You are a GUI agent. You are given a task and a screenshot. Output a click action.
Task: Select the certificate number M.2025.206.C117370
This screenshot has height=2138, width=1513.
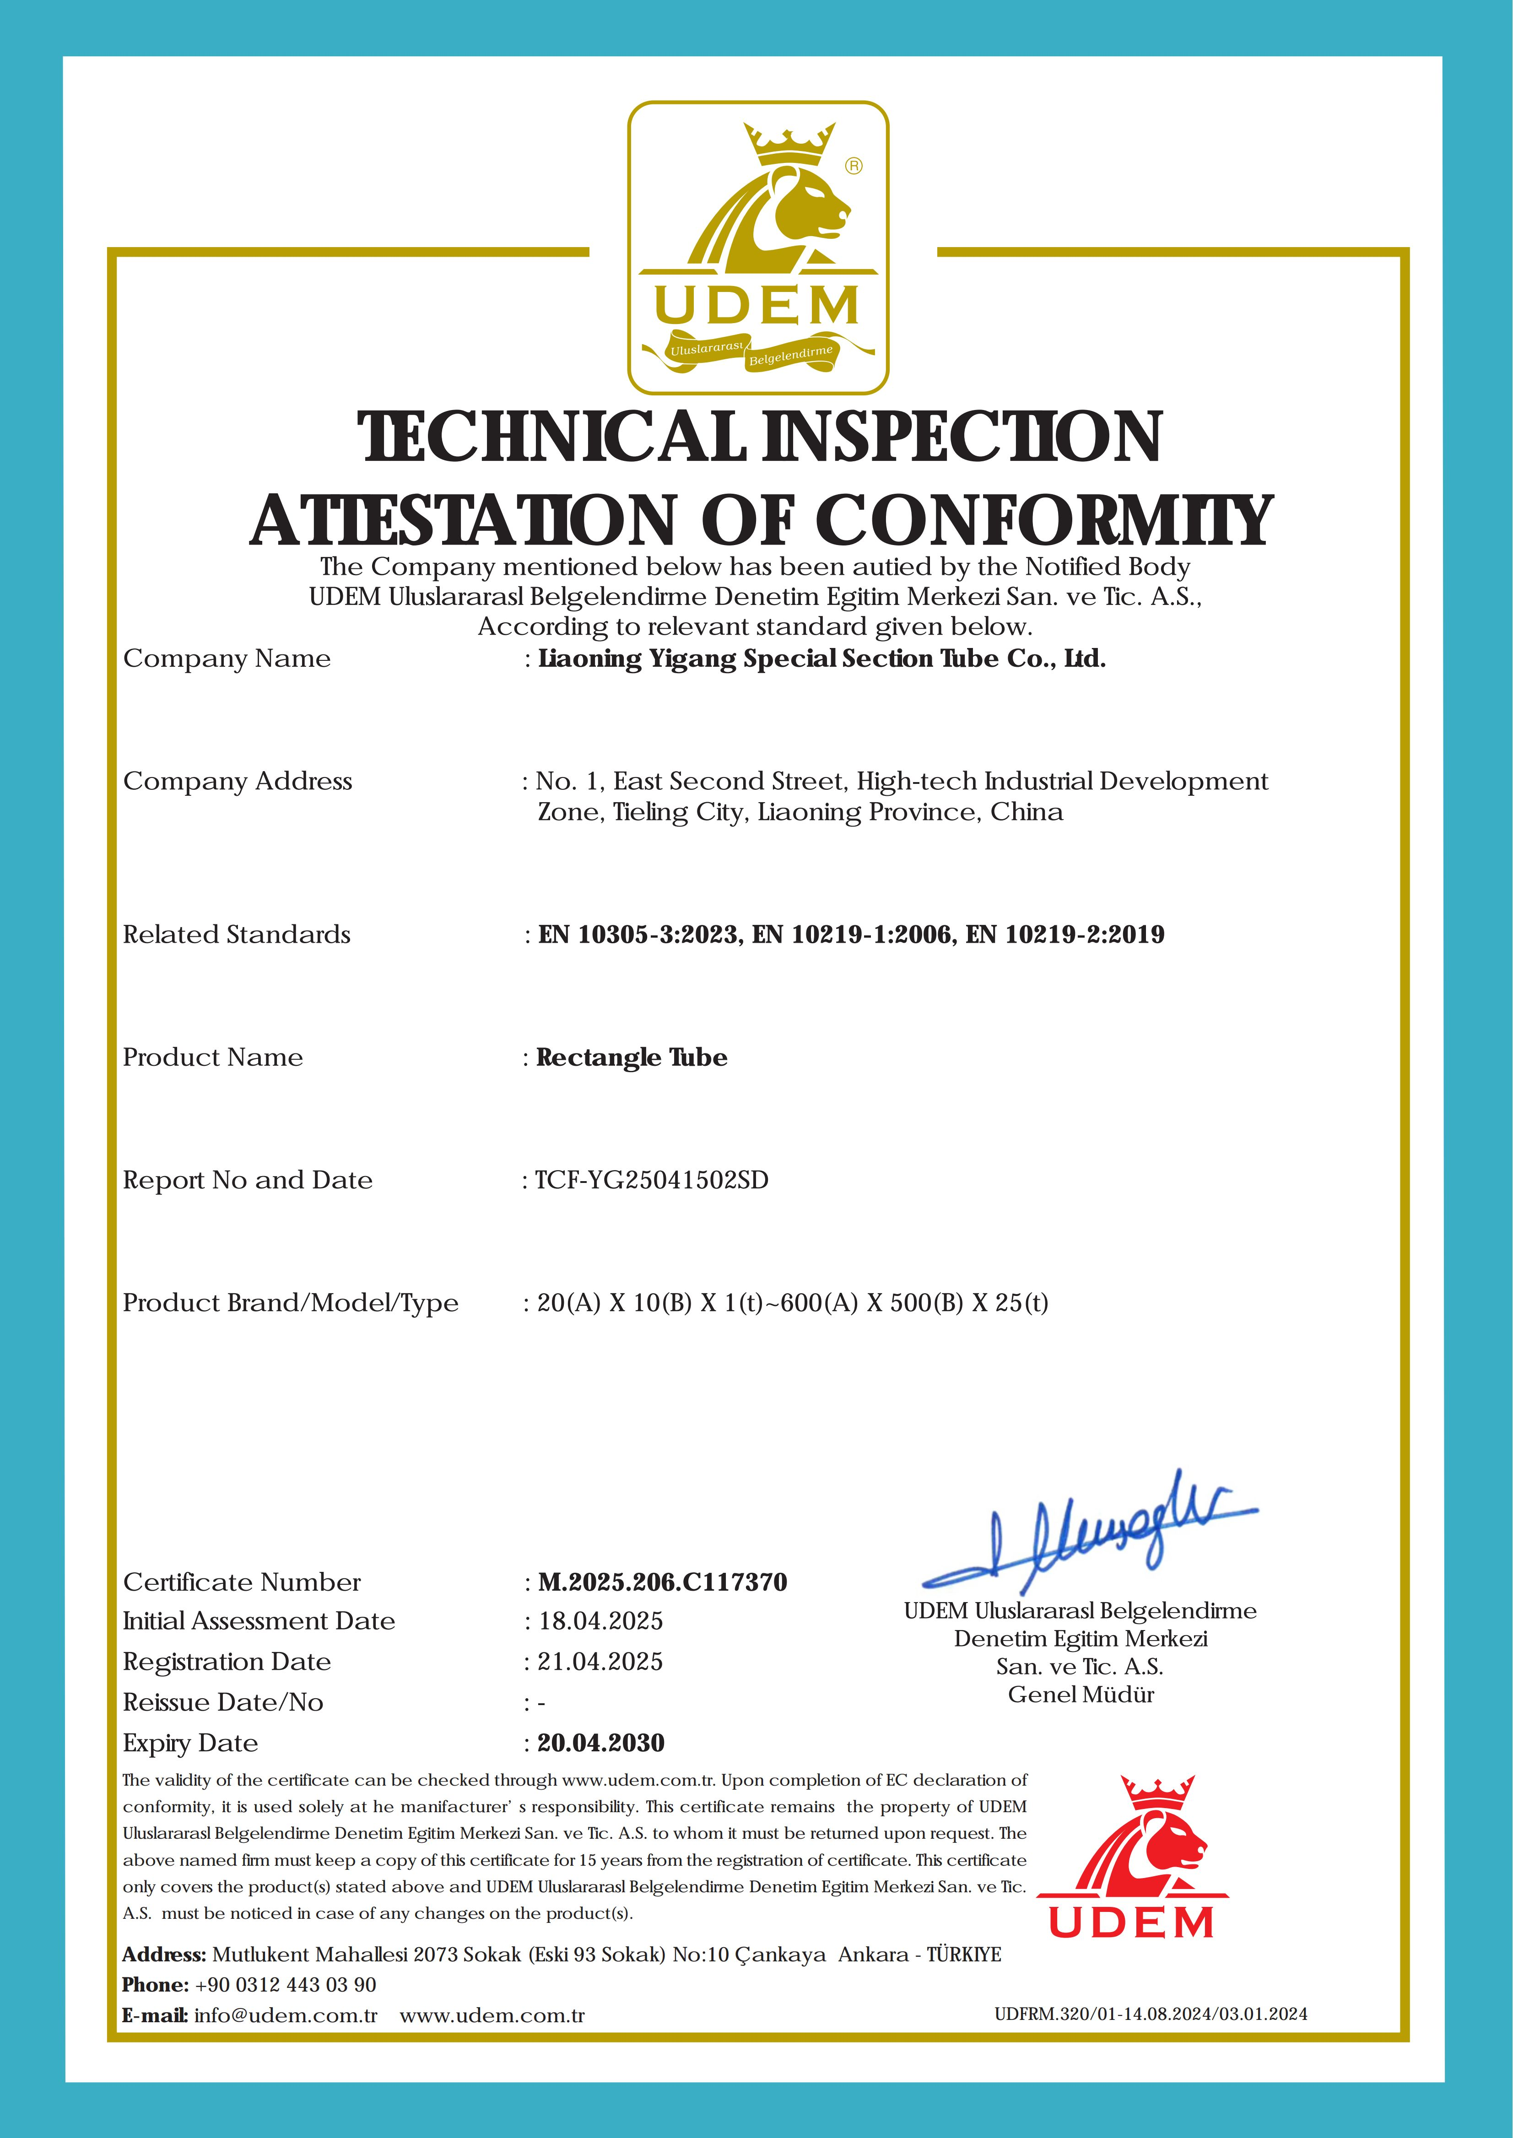662,1582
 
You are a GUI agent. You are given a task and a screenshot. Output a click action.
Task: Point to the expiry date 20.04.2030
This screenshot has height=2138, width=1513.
601,1743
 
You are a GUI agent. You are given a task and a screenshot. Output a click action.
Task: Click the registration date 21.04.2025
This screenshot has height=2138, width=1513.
600,1662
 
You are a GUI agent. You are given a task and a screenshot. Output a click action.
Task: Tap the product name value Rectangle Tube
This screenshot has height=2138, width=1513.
632,1058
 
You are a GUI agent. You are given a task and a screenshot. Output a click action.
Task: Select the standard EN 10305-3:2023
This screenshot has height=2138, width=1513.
639,934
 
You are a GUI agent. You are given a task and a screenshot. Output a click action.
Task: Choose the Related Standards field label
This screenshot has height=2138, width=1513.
237,934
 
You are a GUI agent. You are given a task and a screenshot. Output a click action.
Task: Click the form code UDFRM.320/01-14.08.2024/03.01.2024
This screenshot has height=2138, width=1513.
1151,2014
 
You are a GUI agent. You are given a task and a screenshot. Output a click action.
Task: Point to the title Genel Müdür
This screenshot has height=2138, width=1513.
1081,1695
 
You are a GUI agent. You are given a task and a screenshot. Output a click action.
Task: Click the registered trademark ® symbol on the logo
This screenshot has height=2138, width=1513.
854,166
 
